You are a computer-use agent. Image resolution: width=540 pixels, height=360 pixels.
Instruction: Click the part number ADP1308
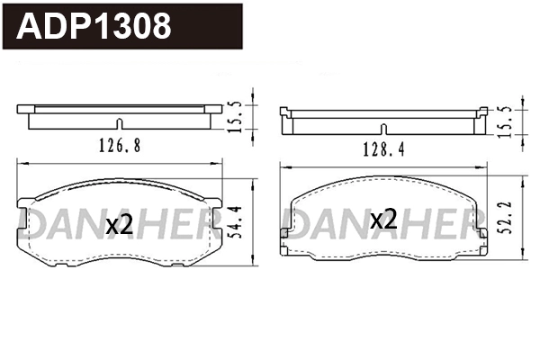pos(95,25)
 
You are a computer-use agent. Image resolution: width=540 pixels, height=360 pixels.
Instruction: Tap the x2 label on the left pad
pos(120,225)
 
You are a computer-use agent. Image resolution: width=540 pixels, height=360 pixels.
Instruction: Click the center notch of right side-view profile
pos(384,128)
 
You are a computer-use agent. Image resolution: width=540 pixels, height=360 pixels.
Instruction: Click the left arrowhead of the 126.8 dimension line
pos(21,163)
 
